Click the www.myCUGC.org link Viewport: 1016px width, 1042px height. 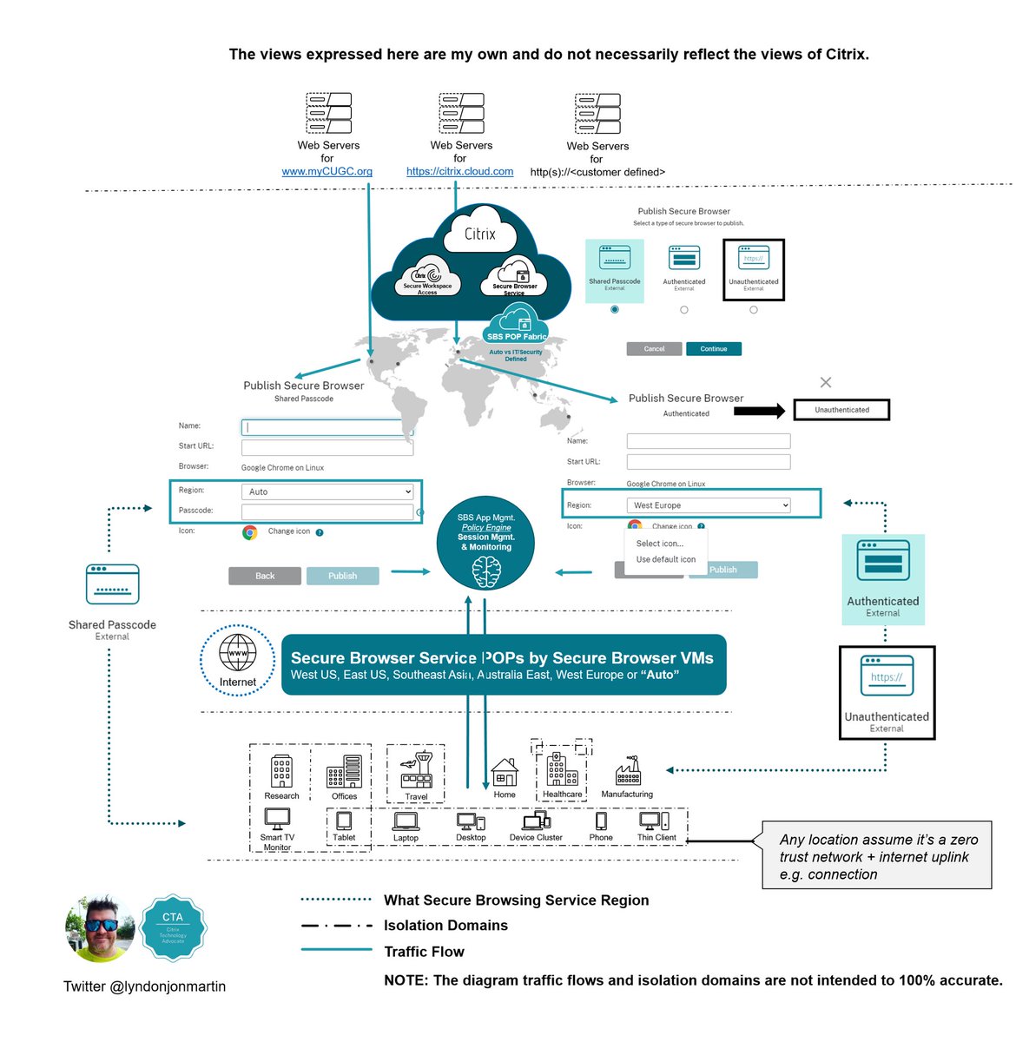pos(327,172)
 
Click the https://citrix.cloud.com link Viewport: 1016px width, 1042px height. pos(459,172)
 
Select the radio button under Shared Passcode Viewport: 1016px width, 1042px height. pos(615,310)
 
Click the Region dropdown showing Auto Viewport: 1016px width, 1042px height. pos(327,491)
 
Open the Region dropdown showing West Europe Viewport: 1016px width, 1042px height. pos(709,505)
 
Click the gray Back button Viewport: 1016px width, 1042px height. pos(265,576)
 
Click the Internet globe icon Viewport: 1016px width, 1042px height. pos(237,652)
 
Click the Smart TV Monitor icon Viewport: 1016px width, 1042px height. pos(277,819)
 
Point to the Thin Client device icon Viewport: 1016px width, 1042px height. pos(654,821)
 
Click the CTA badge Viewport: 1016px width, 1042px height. pos(173,927)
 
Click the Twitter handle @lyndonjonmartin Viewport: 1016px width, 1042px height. pos(144,986)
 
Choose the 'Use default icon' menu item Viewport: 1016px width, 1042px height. pos(665,560)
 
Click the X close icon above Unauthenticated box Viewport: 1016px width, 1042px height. pos(826,382)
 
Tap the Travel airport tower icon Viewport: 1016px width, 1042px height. pos(416,769)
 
